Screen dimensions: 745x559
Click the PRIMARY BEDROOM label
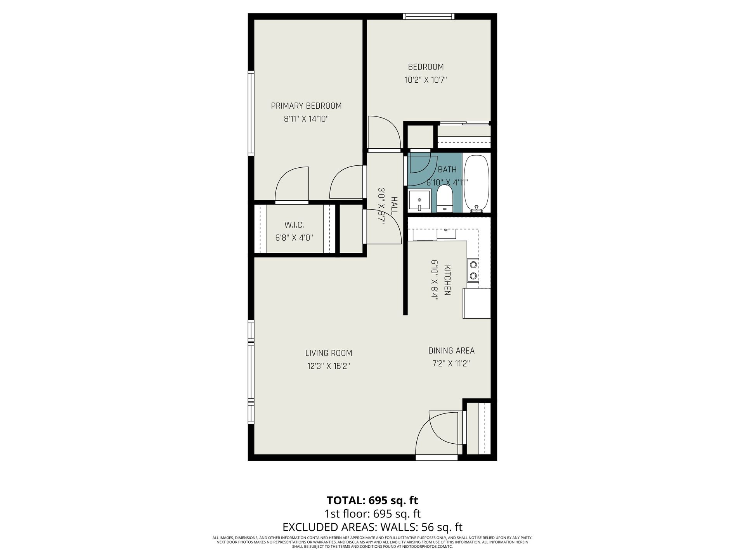tap(306, 106)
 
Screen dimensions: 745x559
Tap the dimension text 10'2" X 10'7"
tap(426, 80)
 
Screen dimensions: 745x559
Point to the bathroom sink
tap(419, 201)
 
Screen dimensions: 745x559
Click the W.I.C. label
tap(294, 225)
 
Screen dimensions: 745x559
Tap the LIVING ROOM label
tap(329, 353)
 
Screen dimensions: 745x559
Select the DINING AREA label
tap(451, 351)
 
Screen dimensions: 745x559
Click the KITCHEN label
tap(447, 280)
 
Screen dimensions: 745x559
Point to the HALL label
tap(394, 206)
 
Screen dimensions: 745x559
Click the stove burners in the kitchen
tap(473, 270)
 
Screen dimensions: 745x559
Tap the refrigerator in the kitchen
tap(477, 303)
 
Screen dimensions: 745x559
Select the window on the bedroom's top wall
tap(428, 16)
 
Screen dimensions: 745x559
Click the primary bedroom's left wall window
tap(251, 113)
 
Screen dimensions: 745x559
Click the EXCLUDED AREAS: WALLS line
tap(372, 527)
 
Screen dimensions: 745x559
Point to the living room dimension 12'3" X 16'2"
tap(329, 366)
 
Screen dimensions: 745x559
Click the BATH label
tap(447, 170)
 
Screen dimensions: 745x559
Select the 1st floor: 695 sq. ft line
tap(372, 514)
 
